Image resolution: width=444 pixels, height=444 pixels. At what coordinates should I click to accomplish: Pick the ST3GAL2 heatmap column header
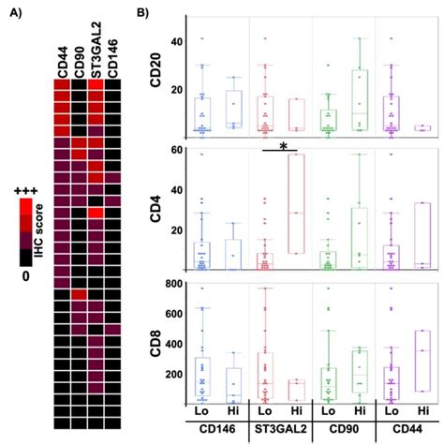pos(96,50)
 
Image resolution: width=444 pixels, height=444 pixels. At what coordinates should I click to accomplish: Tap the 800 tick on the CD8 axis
pos(170,283)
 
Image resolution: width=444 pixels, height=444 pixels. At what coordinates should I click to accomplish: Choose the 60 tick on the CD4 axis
pos(173,150)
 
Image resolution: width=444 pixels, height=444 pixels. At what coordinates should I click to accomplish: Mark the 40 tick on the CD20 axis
pos(173,42)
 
